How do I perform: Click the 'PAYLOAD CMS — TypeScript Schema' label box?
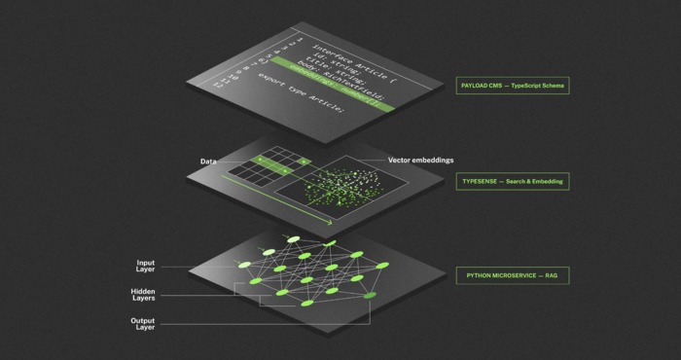pos(514,86)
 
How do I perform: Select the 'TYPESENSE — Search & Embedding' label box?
pos(513,181)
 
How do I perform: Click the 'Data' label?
pos(207,160)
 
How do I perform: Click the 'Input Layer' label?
pos(146,267)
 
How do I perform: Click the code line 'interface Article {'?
pos(350,58)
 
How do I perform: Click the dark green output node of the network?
pos(370,294)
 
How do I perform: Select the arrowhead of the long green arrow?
pos(328,222)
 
